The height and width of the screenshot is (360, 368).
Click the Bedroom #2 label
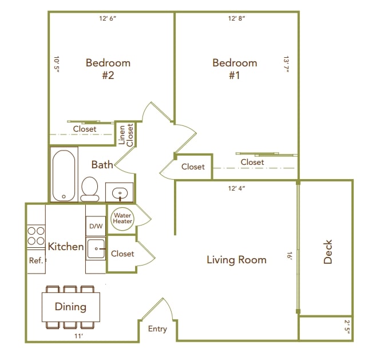tap(108, 69)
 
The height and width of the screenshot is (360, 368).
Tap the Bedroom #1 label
tap(235, 69)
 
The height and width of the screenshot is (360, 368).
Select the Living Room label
tap(236, 260)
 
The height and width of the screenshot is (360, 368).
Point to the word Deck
tap(328, 252)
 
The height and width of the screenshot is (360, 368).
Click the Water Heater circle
tap(122, 218)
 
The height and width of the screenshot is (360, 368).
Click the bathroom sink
tap(120, 192)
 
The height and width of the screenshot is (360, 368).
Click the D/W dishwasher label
tap(96, 226)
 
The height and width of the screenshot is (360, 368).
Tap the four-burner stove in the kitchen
tap(36, 236)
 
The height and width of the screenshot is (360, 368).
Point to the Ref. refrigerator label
tap(36, 260)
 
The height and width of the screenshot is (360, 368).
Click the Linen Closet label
tap(125, 135)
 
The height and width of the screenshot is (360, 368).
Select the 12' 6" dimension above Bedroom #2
tap(108, 18)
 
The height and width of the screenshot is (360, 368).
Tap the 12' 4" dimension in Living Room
tap(236, 188)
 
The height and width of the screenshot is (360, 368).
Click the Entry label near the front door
tap(157, 329)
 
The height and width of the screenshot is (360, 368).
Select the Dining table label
tap(70, 307)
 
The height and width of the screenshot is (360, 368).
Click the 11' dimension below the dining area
tap(78, 336)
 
